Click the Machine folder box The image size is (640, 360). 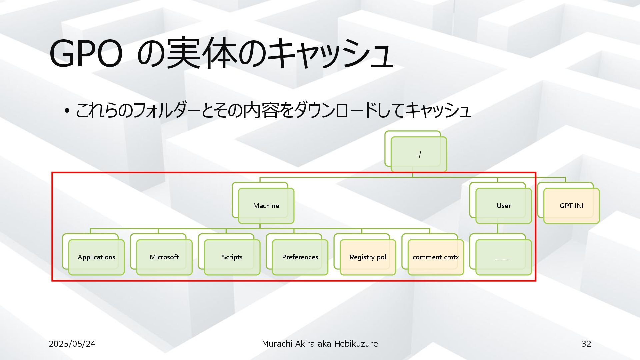click(x=266, y=206)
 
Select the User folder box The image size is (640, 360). click(x=503, y=206)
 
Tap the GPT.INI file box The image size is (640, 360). click(x=571, y=206)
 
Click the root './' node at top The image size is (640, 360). click(x=419, y=154)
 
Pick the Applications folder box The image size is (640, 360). click(x=96, y=257)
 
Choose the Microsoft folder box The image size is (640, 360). click(x=164, y=257)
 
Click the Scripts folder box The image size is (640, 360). click(x=232, y=257)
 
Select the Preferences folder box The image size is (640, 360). click(x=300, y=257)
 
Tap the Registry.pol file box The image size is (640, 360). click(x=368, y=257)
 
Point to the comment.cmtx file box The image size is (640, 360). click(x=436, y=257)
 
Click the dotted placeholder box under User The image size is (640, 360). click(x=503, y=257)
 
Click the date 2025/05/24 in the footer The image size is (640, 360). click(x=72, y=344)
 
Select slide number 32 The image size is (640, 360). click(x=586, y=344)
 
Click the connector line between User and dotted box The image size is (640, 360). click(x=497, y=229)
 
